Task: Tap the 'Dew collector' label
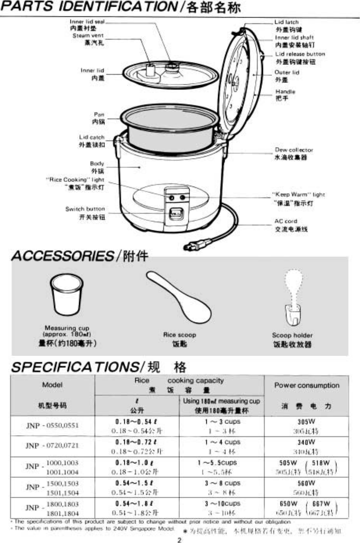[x=294, y=150]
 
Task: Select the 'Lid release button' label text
[x=300, y=54]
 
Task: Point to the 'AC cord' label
[x=285, y=221]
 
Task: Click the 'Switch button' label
[x=85, y=209]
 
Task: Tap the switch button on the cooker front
[x=176, y=213]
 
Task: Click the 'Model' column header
[x=52, y=385]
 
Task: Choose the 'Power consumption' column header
[x=306, y=385]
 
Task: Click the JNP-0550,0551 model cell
[x=52, y=425]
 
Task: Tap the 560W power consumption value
[x=306, y=483]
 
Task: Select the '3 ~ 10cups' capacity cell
[x=222, y=504]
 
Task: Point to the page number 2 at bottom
[x=179, y=540]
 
